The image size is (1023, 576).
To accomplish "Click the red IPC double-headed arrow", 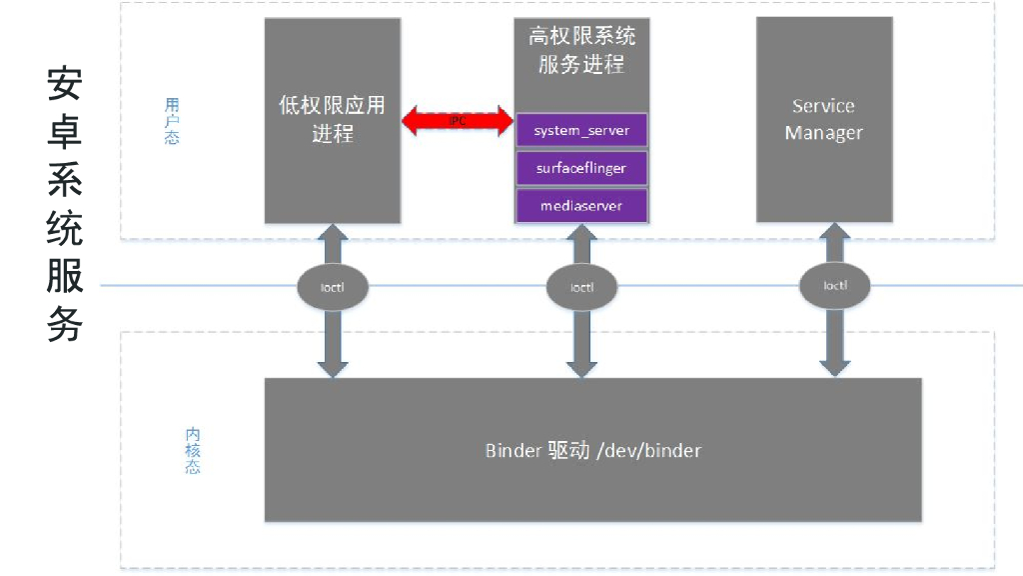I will pyautogui.click(x=458, y=122).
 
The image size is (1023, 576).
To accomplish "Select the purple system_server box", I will pyautogui.click(x=581, y=131).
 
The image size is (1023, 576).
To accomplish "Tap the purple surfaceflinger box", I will pyautogui.click(x=581, y=168).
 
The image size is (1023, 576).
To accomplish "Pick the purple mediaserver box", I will pyautogui.click(x=581, y=205).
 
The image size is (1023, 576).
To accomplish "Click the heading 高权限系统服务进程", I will pyautogui.click(x=581, y=51).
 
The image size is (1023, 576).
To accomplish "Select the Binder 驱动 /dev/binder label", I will pyautogui.click(x=592, y=450).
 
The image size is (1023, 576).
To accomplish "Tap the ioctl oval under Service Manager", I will pyautogui.click(x=835, y=286).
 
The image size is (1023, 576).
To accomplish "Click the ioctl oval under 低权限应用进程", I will pyautogui.click(x=332, y=287).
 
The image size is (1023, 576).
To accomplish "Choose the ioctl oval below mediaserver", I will pyautogui.click(x=581, y=287).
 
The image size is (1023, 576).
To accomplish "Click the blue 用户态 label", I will pyautogui.click(x=172, y=121).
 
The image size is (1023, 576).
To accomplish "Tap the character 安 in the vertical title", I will pyautogui.click(x=64, y=84).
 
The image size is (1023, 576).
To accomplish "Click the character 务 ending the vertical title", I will pyautogui.click(x=64, y=325).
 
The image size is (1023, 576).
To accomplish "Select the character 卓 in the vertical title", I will pyautogui.click(x=64, y=132).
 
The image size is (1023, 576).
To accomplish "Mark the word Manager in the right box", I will pyautogui.click(x=823, y=133).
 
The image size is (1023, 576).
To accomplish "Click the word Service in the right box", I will pyautogui.click(x=823, y=106).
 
